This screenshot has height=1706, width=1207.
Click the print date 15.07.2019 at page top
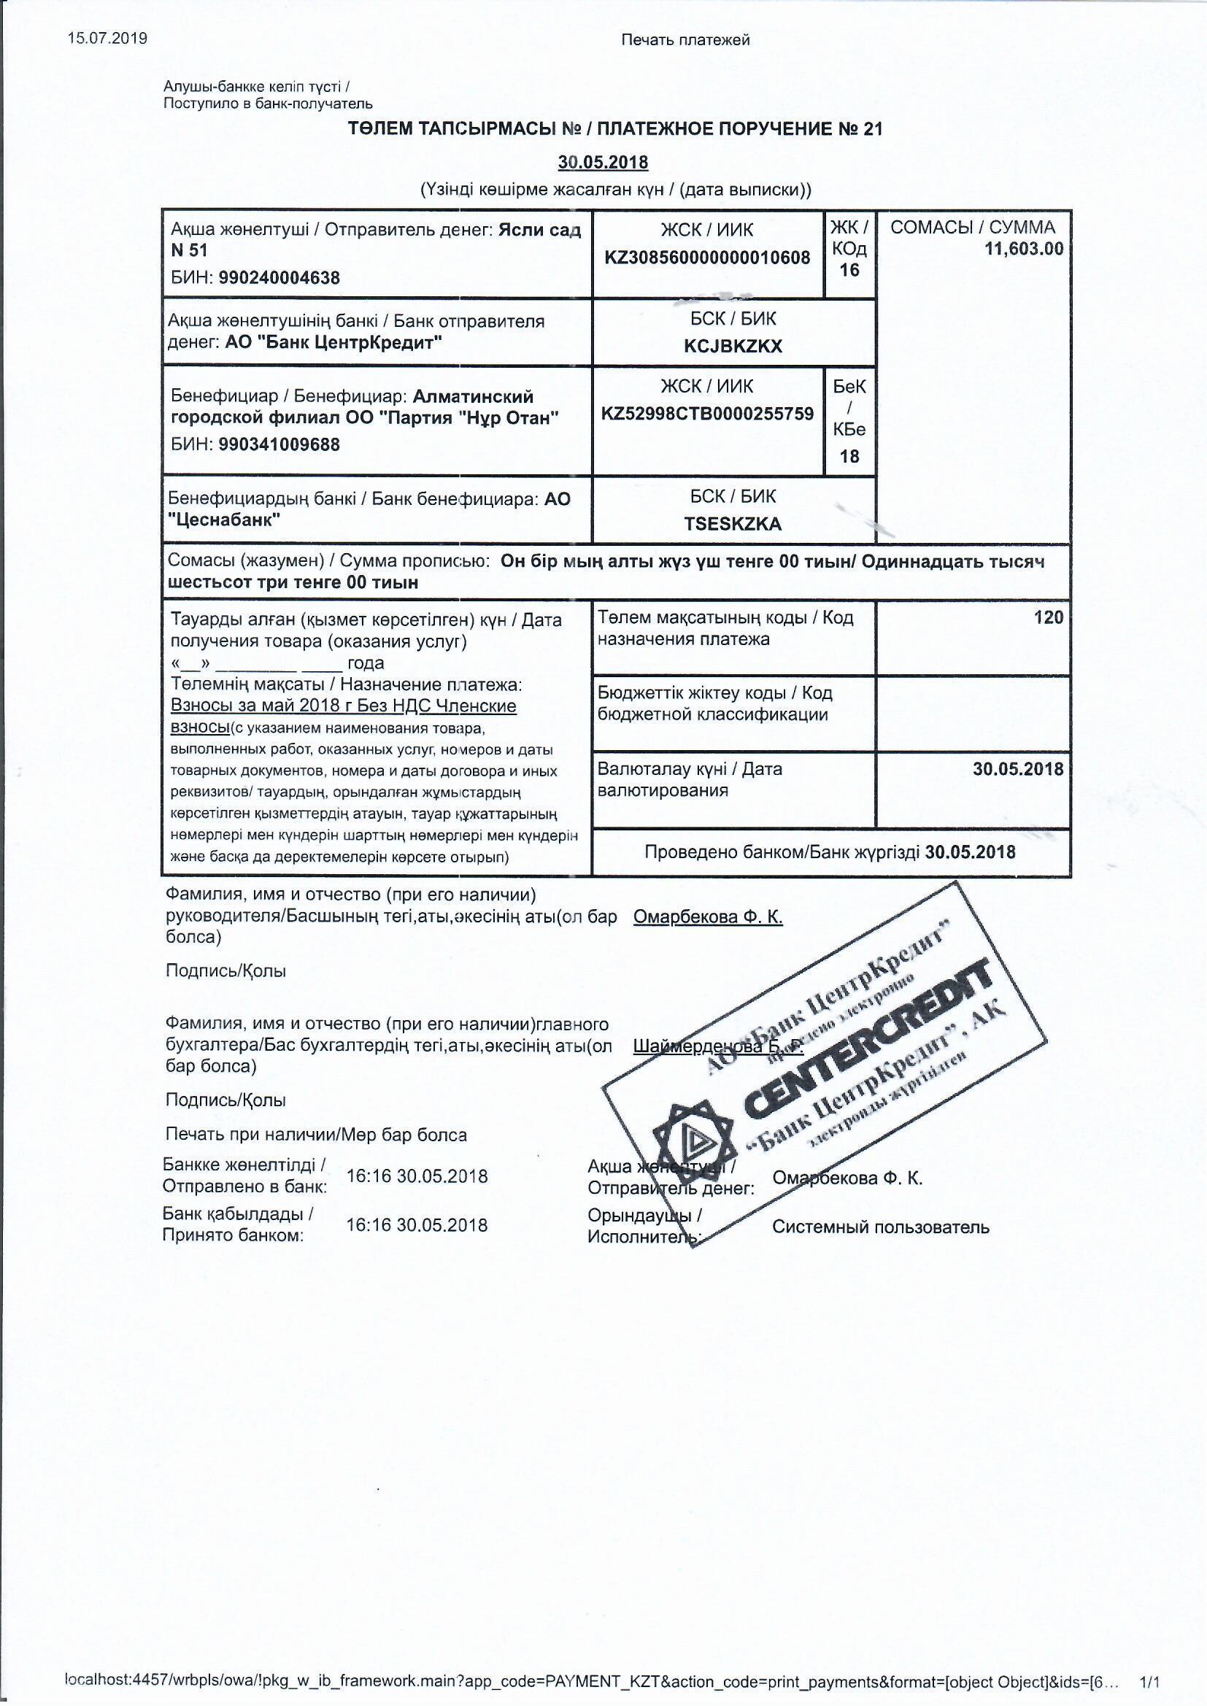(x=107, y=39)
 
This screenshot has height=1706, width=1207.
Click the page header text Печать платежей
(x=685, y=40)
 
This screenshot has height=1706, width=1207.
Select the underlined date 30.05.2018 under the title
(x=603, y=162)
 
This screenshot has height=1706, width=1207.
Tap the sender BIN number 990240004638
(x=279, y=278)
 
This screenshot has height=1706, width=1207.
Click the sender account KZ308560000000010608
(x=707, y=258)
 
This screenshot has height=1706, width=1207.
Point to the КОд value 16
(x=849, y=271)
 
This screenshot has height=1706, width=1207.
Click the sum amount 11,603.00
(x=1023, y=249)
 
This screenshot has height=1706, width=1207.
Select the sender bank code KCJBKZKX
(x=733, y=347)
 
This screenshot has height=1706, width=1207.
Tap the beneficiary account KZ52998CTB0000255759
(x=708, y=414)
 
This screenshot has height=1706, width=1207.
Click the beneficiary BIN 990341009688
(x=279, y=444)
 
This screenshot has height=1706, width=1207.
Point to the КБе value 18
(x=849, y=456)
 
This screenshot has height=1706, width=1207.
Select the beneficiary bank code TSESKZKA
(x=733, y=524)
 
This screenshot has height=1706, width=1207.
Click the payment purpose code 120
(x=1048, y=617)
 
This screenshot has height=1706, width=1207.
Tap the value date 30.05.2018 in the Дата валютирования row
(x=1017, y=769)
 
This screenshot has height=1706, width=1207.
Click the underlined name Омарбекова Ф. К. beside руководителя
(x=708, y=917)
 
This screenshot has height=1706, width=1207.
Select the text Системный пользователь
(x=880, y=1227)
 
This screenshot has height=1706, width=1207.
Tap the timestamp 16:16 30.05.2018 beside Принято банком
(x=417, y=1225)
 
